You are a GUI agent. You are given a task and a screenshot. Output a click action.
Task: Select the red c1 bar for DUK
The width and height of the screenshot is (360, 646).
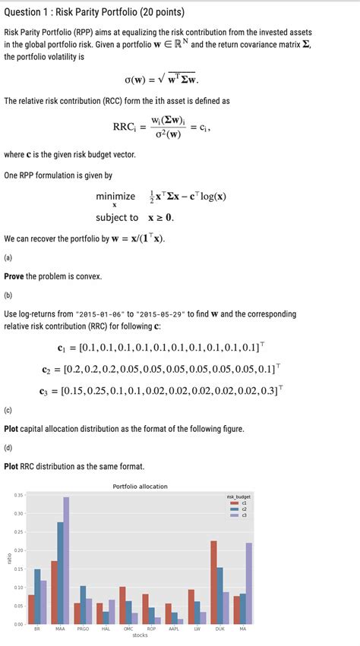(x=213, y=582)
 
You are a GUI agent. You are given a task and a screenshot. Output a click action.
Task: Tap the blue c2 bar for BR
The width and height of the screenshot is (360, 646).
(x=37, y=596)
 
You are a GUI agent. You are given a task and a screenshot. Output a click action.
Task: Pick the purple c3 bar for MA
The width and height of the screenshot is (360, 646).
(x=248, y=583)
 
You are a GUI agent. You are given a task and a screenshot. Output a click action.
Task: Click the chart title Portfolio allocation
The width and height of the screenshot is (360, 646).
(x=140, y=486)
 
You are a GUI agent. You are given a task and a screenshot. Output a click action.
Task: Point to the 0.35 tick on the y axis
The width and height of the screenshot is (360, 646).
(x=18, y=495)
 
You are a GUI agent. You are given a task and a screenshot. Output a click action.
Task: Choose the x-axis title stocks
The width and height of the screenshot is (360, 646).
(x=140, y=636)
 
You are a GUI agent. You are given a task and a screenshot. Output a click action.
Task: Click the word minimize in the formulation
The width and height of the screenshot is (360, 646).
(x=115, y=197)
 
